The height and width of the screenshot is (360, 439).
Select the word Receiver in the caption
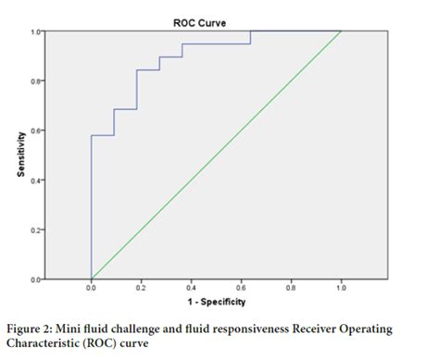coord(311,328)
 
